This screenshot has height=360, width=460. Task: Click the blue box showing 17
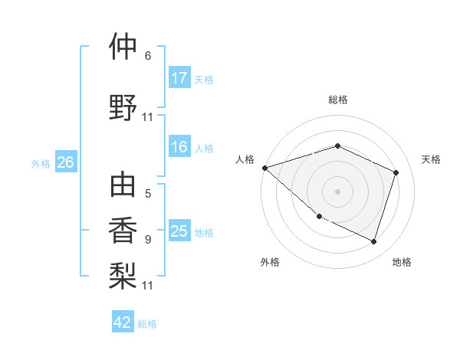[179, 78]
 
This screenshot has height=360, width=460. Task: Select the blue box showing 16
[179, 148]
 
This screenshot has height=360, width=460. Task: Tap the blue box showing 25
[179, 231]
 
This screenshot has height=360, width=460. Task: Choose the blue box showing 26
[65, 162]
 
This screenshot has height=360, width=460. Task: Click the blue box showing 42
[123, 322]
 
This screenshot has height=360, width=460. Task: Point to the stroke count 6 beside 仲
[148, 55]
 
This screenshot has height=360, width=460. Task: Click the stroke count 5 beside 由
[148, 194]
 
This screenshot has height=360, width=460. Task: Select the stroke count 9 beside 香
[148, 239]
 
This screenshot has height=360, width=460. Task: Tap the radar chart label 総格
[337, 100]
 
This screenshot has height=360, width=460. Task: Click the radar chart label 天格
[431, 159]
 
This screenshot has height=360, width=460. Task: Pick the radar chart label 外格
[270, 262]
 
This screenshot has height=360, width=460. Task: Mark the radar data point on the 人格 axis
[264, 167]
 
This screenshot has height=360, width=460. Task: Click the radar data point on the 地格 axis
[373, 241]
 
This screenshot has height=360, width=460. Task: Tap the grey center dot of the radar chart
[337, 191]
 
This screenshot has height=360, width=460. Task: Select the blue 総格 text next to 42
[147, 324]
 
